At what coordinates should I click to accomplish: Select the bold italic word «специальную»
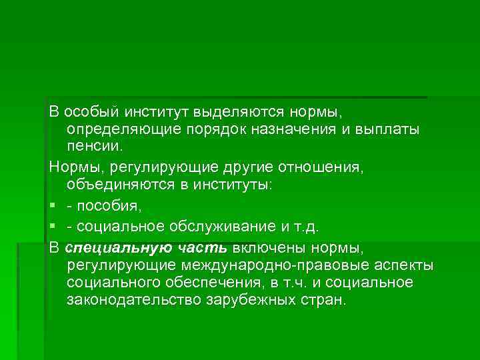coord(113,249)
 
